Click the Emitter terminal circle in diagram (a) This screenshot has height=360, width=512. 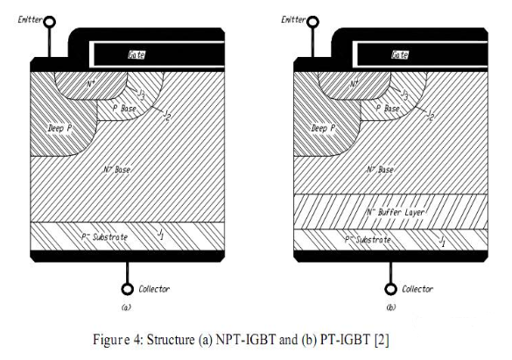pos(50,22)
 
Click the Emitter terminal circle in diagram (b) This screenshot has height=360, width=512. pos(312,22)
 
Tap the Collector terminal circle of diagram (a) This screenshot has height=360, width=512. pos(128,289)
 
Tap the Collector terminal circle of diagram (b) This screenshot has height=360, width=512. pos(390,289)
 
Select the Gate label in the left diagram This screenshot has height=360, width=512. pos(137,54)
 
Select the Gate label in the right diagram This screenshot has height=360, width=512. pos(400,54)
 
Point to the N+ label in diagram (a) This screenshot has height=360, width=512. pos(91,83)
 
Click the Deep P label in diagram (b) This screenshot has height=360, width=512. pos(323,128)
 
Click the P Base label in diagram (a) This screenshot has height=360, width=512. pos(124,108)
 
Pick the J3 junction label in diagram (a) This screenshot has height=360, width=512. pos(141,94)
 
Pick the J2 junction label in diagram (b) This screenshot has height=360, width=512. pos(431,116)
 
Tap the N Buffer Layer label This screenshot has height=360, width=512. pos(396,212)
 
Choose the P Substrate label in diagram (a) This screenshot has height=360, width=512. pos(104,236)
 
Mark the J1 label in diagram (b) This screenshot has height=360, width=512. pos(442,241)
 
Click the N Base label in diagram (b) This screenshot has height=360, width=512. pos(380,170)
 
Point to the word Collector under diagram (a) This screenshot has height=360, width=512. pos(154,289)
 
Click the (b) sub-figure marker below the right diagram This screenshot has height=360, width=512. pos(391,307)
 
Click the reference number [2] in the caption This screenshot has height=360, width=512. pos(382,340)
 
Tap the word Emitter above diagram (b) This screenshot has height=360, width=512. pos(293,19)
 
